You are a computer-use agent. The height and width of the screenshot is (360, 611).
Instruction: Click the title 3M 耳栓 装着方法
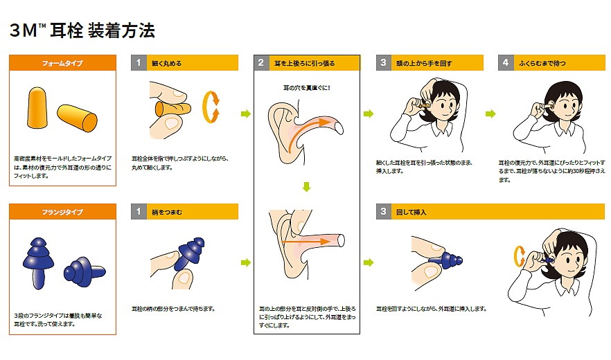(82, 30)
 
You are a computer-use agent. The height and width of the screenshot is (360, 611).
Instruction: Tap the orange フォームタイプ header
(62, 64)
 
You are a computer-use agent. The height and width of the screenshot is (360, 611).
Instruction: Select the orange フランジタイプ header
(62, 212)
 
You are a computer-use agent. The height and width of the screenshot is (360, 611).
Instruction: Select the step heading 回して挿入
(416, 212)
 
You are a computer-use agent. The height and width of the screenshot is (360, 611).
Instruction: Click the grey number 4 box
(505, 64)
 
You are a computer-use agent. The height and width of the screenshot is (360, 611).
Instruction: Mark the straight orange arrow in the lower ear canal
(305, 241)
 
